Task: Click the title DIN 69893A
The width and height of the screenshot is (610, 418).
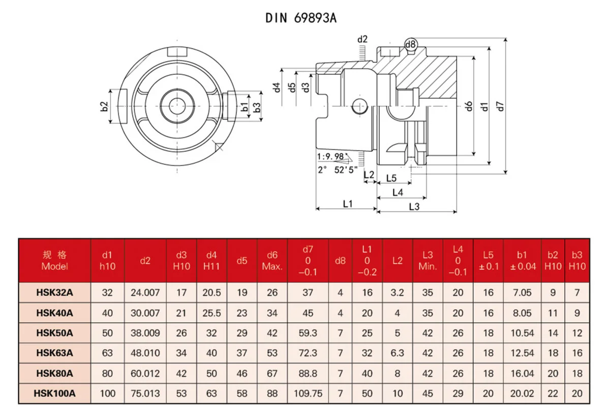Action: click(x=300, y=18)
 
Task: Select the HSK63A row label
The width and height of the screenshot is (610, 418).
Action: click(x=54, y=353)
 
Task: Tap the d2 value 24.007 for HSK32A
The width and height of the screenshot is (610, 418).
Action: click(x=145, y=293)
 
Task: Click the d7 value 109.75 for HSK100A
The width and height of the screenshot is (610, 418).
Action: click(x=308, y=394)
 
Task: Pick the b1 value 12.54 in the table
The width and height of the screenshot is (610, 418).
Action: click(x=523, y=353)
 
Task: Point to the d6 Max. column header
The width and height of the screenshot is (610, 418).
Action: click(x=272, y=260)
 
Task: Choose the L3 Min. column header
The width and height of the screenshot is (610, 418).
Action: click(x=428, y=260)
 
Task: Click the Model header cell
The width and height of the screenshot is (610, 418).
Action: click(x=54, y=260)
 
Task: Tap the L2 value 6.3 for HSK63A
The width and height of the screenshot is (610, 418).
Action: click(x=397, y=353)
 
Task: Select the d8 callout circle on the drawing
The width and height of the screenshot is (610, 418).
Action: click(x=411, y=45)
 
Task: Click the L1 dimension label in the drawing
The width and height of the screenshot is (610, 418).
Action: click(x=348, y=204)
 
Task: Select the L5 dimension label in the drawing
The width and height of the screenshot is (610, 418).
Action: click(x=391, y=178)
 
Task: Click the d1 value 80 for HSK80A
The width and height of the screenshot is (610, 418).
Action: click(x=108, y=373)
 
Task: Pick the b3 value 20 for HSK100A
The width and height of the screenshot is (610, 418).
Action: click(x=577, y=394)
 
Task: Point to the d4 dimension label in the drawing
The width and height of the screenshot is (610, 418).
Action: click(x=277, y=88)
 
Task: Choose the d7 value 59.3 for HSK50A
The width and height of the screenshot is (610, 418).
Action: click(x=308, y=333)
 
